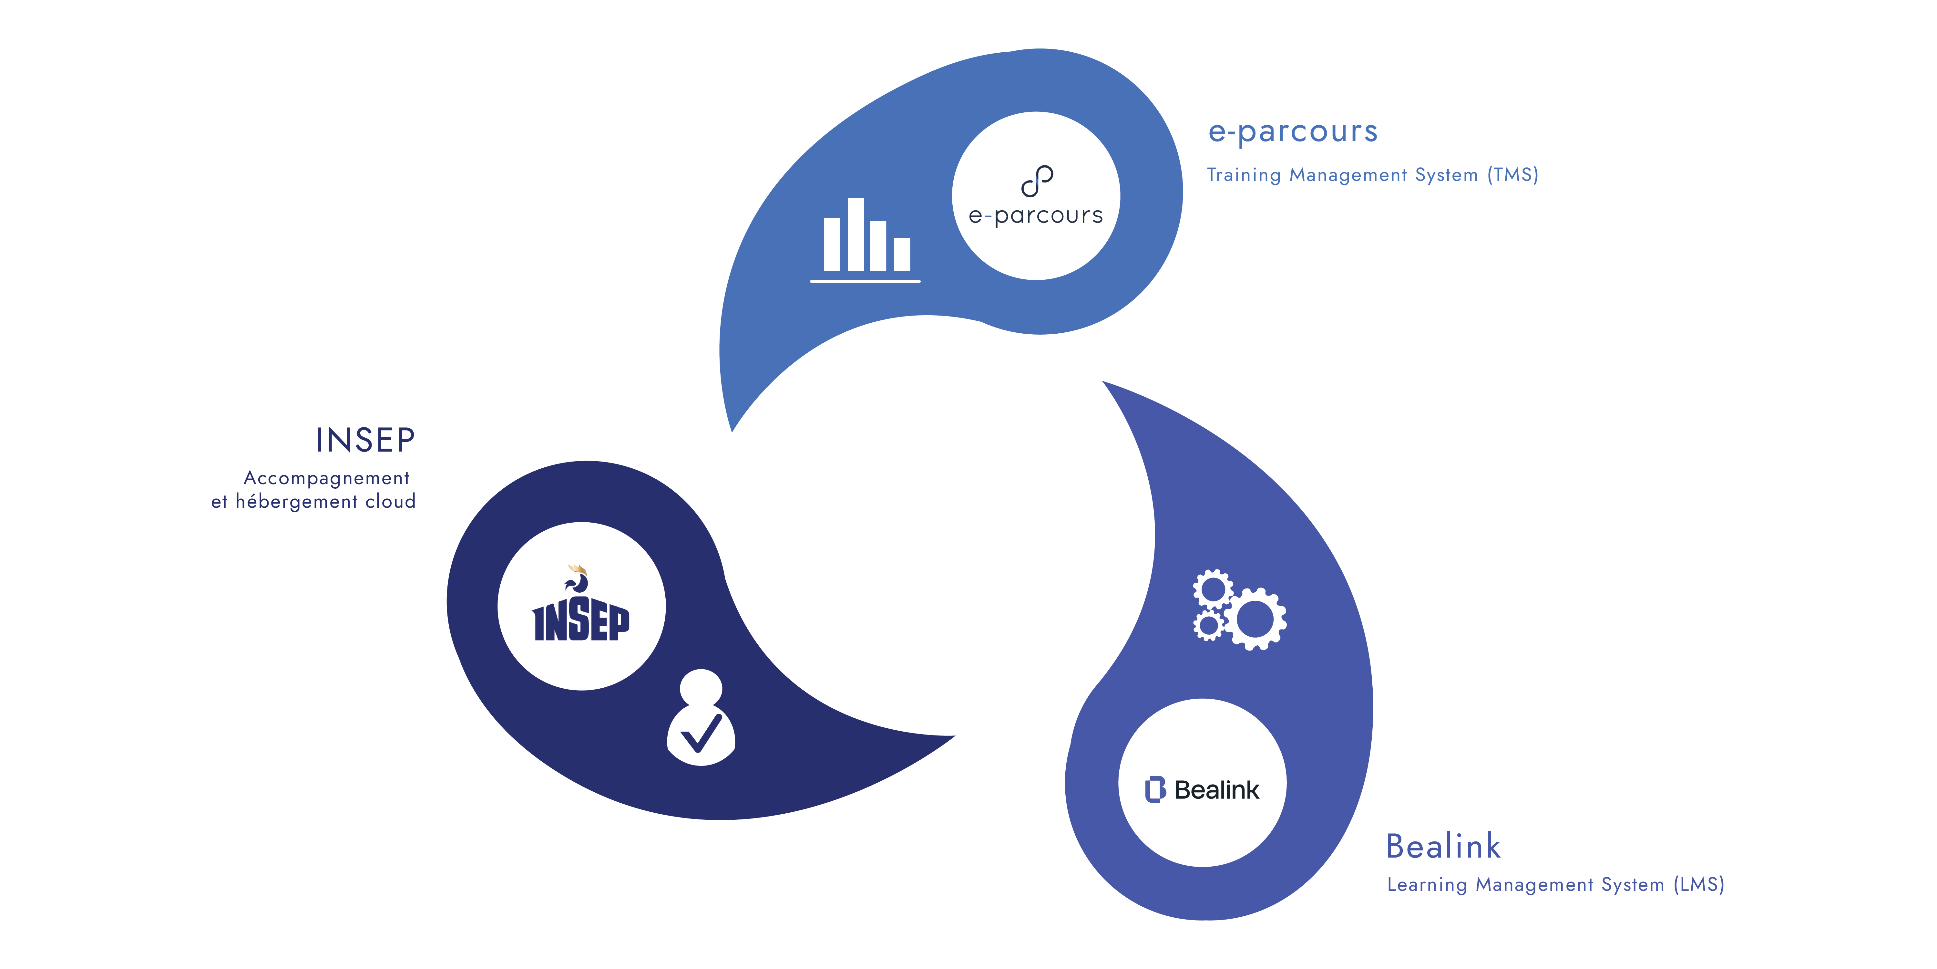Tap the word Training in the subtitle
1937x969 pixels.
pyautogui.click(x=1244, y=175)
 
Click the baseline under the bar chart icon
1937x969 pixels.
pyautogui.click(x=865, y=281)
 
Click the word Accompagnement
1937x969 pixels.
pyautogui.click(x=326, y=478)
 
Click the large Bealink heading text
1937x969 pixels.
pyautogui.click(x=1442, y=846)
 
